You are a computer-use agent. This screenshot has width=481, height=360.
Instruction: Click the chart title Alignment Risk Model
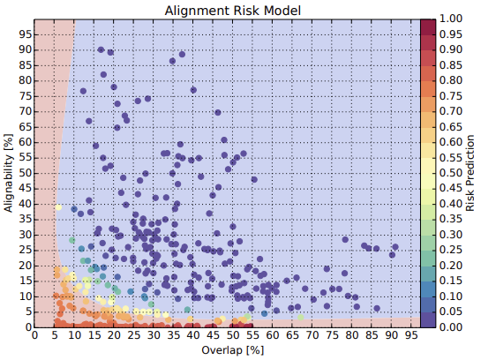232,11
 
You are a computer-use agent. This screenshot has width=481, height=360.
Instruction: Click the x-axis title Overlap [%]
232,350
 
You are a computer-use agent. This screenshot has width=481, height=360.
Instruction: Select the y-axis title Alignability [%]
9,173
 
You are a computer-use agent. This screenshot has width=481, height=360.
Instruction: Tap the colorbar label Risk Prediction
470,173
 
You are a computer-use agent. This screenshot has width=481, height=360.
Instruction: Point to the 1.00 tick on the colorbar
451,19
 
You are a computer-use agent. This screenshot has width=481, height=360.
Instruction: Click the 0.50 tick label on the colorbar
451,173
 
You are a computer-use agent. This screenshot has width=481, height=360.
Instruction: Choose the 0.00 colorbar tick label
451,326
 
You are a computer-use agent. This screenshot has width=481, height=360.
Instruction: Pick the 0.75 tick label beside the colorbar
451,95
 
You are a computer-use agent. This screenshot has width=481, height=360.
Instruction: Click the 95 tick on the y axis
26,34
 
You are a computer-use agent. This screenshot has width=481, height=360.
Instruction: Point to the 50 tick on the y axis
26,173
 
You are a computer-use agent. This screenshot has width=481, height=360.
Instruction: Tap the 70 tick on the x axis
312,335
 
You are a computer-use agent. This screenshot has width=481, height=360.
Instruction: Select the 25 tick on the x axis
133,335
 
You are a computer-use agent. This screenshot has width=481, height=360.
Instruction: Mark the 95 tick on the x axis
411,335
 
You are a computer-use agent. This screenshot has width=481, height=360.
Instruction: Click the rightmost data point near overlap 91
395,247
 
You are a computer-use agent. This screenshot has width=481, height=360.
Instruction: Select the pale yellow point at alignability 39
58,207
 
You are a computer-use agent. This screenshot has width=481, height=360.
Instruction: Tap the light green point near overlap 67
301,318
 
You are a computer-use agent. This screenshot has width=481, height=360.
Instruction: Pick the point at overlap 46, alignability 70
218,113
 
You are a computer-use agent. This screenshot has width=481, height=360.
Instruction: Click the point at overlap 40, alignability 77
193,90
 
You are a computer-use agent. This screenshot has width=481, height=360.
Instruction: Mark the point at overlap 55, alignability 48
254,179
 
